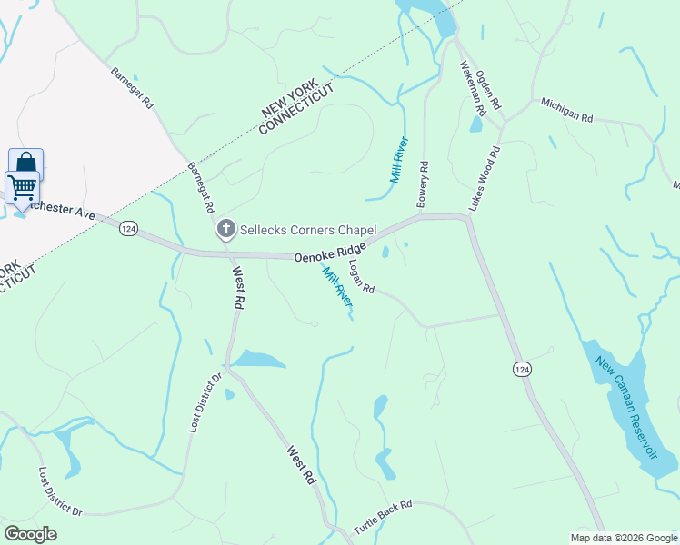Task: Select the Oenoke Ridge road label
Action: point(330,253)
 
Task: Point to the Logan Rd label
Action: point(362,277)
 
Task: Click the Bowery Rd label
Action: point(422,184)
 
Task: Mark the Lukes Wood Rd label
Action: point(485,179)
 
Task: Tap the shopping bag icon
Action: point(25,164)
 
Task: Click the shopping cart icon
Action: point(21,186)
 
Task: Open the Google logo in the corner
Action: point(30,534)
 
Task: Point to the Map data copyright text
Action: point(624,538)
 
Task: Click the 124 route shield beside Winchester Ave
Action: point(129,231)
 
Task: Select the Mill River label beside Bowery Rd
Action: point(399,160)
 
